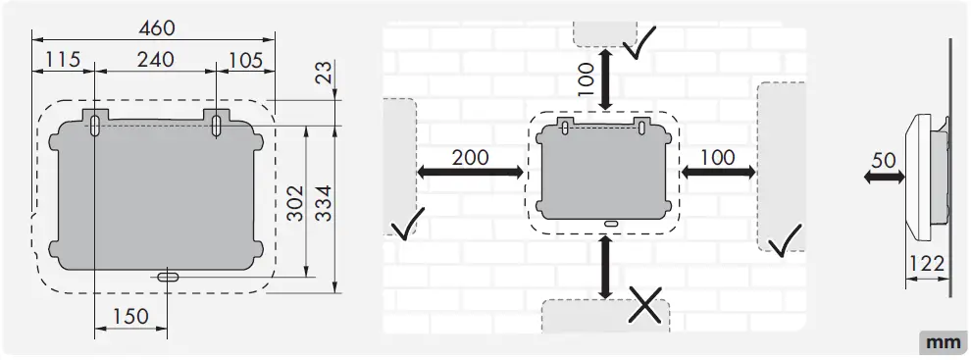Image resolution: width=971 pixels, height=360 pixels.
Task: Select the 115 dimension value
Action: click(x=61, y=60)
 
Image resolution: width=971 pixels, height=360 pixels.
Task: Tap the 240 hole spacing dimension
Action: click(x=155, y=60)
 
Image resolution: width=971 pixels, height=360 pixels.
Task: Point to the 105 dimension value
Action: click(x=245, y=60)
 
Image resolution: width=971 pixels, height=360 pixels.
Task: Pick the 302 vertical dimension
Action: click(x=296, y=201)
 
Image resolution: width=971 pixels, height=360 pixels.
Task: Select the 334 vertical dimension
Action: click(x=326, y=201)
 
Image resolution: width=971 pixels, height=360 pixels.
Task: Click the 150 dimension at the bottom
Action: click(x=130, y=316)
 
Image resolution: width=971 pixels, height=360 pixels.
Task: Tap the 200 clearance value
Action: click(x=472, y=156)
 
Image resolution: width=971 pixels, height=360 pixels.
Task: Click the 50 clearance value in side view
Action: click(x=885, y=159)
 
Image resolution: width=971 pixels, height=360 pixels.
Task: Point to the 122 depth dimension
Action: click(x=925, y=264)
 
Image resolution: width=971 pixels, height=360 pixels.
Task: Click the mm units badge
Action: click(x=942, y=342)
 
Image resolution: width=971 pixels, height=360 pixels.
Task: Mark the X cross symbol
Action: click(x=643, y=306)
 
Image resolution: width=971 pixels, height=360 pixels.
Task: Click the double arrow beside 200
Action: click(x=470, y=173)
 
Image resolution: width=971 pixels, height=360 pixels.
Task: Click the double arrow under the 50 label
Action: click(x=884, y=178)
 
